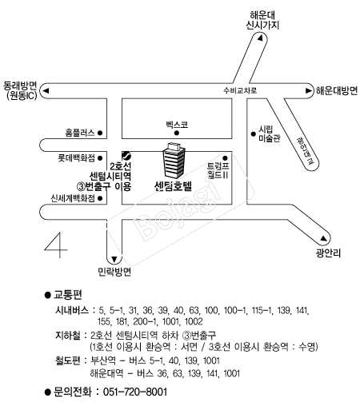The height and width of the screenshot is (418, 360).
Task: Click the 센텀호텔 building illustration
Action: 174,161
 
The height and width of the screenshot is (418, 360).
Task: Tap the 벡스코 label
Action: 177,125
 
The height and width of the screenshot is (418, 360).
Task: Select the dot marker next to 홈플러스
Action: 100,133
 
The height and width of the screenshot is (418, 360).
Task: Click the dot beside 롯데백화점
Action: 100,158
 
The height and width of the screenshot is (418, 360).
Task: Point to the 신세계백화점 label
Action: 73,198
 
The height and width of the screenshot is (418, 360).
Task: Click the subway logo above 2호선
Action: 126,155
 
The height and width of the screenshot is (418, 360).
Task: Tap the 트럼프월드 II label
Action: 218,170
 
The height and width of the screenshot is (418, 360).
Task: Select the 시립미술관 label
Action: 269,134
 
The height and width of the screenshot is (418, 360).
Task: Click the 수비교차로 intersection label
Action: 240,90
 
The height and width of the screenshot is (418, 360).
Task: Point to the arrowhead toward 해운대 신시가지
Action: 260,38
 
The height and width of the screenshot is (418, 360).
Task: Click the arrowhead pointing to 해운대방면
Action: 309,91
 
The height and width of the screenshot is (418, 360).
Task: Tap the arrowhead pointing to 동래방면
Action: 46,91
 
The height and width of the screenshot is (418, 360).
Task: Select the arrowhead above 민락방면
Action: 114,259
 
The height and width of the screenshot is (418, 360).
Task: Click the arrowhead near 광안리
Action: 323,238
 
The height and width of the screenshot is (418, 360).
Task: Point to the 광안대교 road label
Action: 306,150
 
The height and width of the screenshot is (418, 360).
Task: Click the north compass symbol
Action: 56,245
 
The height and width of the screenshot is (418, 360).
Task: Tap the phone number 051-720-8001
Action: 135,392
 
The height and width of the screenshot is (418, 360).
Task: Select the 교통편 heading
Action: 68,295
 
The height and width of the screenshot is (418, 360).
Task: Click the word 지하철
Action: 68,335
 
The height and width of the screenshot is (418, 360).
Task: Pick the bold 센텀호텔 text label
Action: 173,185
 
